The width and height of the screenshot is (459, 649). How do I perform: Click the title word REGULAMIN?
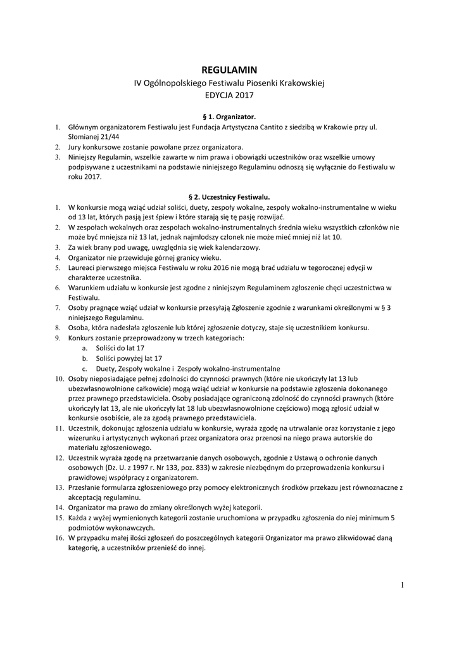click(229, 70)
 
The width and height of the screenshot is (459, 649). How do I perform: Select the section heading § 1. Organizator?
click(229, 117)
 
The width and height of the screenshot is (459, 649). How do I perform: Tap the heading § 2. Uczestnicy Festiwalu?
click(229, 197)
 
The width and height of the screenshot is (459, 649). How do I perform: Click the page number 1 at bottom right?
click(401, 584)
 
